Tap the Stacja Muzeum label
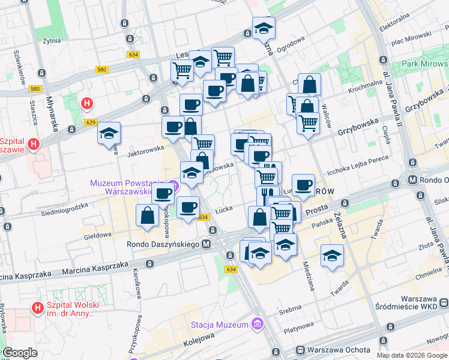(x=219, y=325)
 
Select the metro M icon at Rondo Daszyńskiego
(x=206, y=244)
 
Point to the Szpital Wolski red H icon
(x=37, y=308)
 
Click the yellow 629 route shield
(x=90, y=122)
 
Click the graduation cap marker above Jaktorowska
(x=109, y=133)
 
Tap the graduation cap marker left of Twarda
(x=332, y=256)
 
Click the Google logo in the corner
(x=20, y=353)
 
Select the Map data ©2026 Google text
(x=412, y=355)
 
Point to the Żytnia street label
(x=53, y=41)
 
